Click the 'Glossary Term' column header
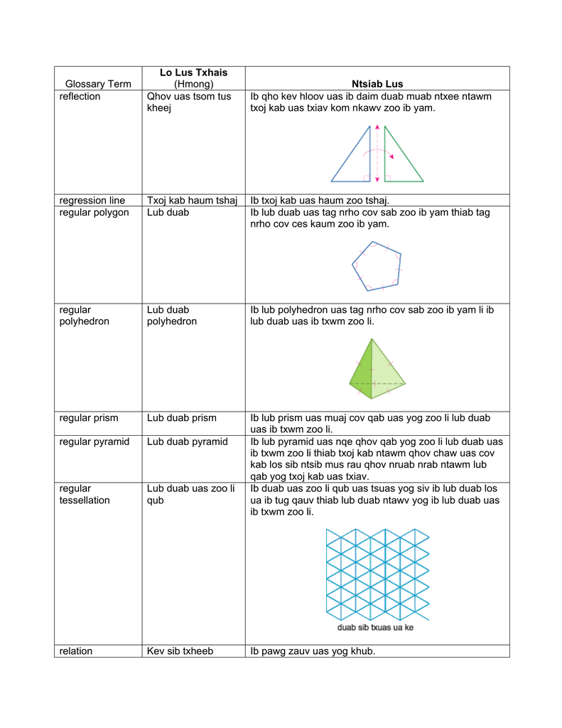click(98, 84)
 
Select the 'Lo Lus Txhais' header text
click(193, 73)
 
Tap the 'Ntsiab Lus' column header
click(377, 84)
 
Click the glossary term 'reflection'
click(80, 97)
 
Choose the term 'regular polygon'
click(94, 213)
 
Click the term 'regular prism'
click(89, 418)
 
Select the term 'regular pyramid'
click(94, 442)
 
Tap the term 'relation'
click(76, 651)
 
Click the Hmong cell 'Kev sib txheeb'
click(180, 651)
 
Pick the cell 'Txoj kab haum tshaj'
click(192, 200)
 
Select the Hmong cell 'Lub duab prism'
click(182, 418)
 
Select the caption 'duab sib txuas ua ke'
click(375, 628)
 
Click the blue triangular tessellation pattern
click(377, 572)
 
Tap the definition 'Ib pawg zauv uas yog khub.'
click(313, 651)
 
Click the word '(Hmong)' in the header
click(193, 84)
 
